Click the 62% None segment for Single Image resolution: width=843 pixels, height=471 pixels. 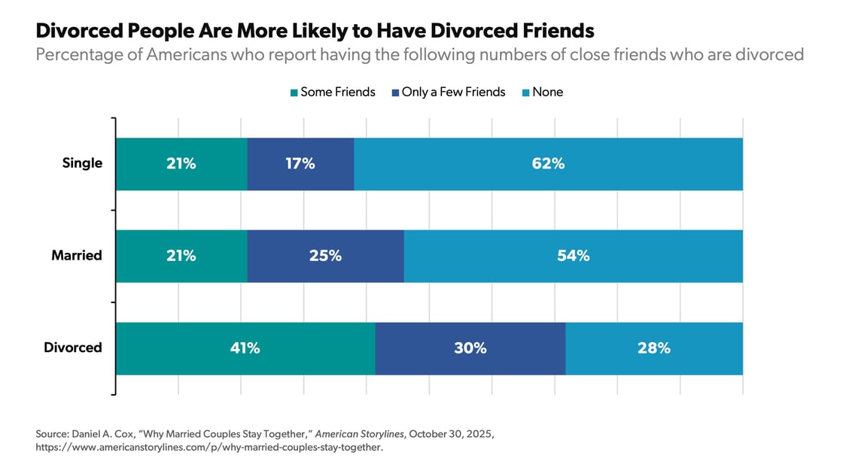(548, 164)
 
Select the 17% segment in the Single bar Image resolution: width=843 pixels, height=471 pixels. (300, 164)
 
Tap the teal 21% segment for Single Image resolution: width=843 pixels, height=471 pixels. (181, 164)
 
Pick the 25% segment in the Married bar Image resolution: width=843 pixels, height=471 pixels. (325, 256)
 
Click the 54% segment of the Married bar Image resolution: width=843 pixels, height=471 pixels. (573, 256)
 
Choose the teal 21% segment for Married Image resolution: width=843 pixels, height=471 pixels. (181, 256)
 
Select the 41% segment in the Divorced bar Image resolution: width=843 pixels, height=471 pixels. (245, 348)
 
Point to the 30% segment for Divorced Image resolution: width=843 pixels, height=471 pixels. (470, 348)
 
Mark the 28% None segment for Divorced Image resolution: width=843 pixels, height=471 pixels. (653, 348)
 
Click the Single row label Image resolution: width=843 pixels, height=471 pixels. (82, 163)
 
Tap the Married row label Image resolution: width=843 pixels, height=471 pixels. (76, 256)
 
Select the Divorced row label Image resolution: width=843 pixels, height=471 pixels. (72, 348)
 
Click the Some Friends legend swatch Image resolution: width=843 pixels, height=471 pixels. (294, 93)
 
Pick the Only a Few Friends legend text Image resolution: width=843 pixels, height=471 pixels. (454, 92)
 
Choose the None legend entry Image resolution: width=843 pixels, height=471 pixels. (547, 92)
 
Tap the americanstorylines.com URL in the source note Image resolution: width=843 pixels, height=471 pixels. (209, 447)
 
